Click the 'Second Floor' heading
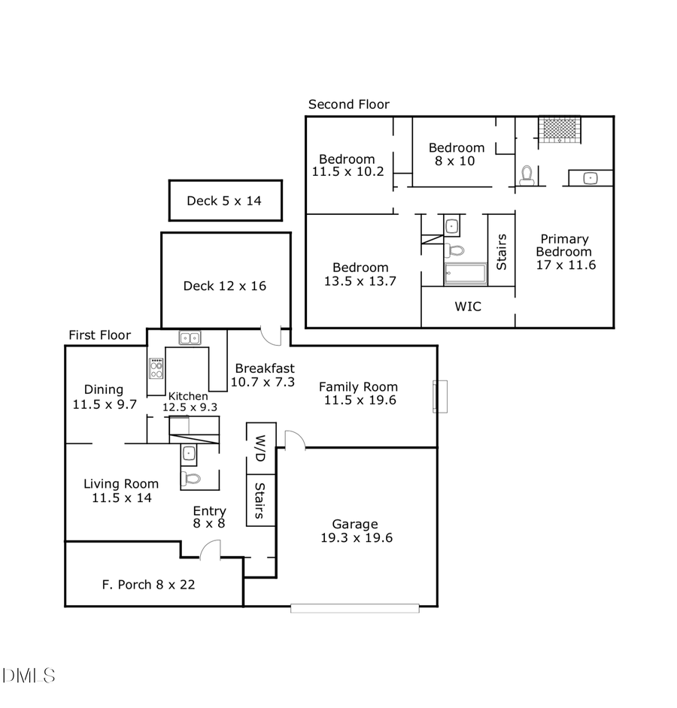click(348, 104)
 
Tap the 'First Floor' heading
click(99, 335)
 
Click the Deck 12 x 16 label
click(224, 286)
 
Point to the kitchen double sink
click(189, 338)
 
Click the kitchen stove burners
click(156, 369)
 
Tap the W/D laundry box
click(260, 448)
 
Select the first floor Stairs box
click(260, 501)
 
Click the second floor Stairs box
click(501, 251)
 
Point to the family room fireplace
click(440, 396)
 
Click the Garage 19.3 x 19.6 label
click(354, 531)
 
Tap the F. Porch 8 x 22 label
click(148, 584)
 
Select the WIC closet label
click(467, 307)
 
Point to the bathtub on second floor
click(466, 274)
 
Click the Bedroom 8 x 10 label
click(456, 154)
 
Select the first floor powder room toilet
click(192, 478)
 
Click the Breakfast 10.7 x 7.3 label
click(263, 375)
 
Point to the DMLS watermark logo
click(29, 675)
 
